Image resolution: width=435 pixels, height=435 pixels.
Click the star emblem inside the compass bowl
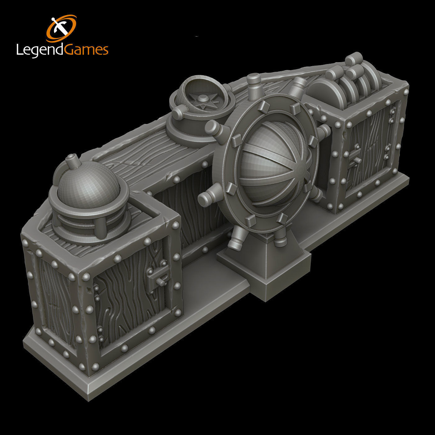click(x=203, y=102)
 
